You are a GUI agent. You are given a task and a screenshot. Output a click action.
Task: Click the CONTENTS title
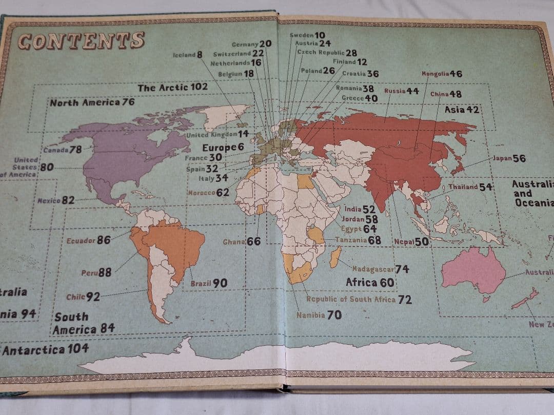[x=81, y=41]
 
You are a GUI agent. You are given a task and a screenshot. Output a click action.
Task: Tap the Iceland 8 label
[x=188, y=55]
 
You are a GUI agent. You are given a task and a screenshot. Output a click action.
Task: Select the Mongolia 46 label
[x=441, y=74]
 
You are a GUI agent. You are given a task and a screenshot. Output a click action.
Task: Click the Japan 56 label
[x=509, y=158]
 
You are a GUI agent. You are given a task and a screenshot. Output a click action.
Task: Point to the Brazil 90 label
[x=209, y=283]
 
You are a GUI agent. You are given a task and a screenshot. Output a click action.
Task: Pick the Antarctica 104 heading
[x=45, y=350]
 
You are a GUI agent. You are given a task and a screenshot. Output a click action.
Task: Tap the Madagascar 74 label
[x=380, y=269]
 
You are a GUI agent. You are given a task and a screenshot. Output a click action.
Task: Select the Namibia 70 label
[x=319, y=315]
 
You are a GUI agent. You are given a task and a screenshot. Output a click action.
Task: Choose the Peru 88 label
[x=96, y=273]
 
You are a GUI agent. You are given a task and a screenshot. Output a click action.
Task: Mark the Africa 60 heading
[x=370, y=282]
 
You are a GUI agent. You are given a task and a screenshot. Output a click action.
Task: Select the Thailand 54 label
[x=470, y=187]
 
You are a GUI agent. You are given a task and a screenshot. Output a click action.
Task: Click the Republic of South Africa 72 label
[x=359, y=299]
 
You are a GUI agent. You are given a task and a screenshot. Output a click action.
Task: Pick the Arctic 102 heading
[x=172, y=87]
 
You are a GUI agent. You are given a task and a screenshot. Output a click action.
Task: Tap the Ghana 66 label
[x=242, y=242]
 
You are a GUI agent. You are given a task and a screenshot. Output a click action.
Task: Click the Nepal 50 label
[x=411, y=242]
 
